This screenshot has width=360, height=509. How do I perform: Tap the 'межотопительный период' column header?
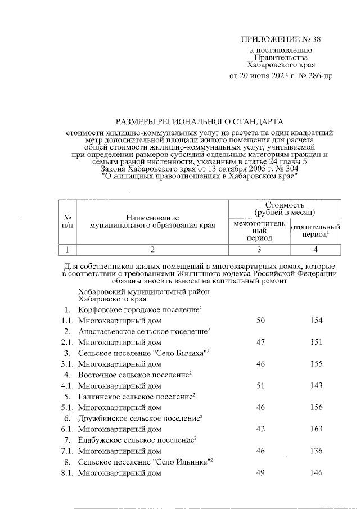258,231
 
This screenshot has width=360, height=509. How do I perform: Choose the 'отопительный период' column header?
316,231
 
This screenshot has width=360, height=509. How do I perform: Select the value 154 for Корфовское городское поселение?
316,320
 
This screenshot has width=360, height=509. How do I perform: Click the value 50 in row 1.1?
260,320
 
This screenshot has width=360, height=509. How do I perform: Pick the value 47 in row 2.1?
260,342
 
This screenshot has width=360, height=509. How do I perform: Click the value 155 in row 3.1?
316,364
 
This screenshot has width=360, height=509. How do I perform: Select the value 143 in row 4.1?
316,386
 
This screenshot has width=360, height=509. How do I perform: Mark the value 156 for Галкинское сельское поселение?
316,408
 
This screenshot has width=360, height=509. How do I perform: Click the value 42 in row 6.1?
260,430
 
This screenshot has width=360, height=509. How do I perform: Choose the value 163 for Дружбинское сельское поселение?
316,430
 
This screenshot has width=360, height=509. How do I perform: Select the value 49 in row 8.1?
260,474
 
